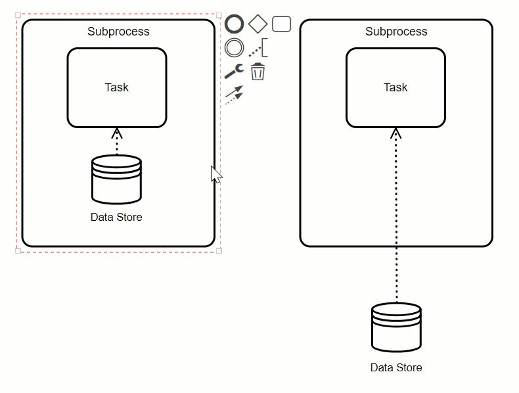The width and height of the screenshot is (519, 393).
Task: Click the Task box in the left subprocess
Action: pyautogui.click(x=116, y=87)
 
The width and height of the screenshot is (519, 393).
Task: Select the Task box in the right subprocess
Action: pyautogui.click(x=395, y=87)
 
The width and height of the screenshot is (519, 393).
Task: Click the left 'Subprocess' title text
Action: pyautogui.click(x=118, y=32)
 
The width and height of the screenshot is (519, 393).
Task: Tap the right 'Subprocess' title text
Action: pyautogui.click(x=396, y=32)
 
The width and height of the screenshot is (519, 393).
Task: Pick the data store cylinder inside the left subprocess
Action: pyautogui.click(x=116, y=179)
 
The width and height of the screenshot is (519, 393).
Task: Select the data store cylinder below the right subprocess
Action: pyautogui.click(x=396, y=327)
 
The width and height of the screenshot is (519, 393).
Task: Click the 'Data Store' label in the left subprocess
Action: pyautogui.click(x=116, y=217)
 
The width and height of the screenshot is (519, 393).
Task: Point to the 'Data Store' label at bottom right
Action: pyautogui.click(x=396, y=367)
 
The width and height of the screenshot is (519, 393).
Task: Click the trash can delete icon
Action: pyautogui.click(x=258, y=72)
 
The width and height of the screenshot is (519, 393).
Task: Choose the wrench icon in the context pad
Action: pyautogui.click(x=234, y=71)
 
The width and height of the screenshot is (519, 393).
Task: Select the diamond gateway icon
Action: pyautogui.click(x=258, y=24)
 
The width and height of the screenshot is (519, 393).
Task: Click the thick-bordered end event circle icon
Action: pyautogui.click(x=235, y=24)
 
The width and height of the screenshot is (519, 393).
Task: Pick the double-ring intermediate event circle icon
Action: pyautogui.click(x=235, y=48)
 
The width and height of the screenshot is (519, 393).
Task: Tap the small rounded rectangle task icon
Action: pyautogui.click(x=281, y=24)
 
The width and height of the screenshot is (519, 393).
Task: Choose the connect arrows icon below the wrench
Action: pyautogui.click(x=234, y=95)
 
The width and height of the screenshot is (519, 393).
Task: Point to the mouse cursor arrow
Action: pyautogui.click(x=215, y=175)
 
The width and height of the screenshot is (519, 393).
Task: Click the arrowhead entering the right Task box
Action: pyautogui.click(x=395, y=133)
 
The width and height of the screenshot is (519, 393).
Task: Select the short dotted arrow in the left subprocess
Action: pyautogui.click(x=116, y=142)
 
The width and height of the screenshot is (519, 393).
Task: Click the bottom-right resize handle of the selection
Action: pyautogui.click(x=219, y=250)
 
